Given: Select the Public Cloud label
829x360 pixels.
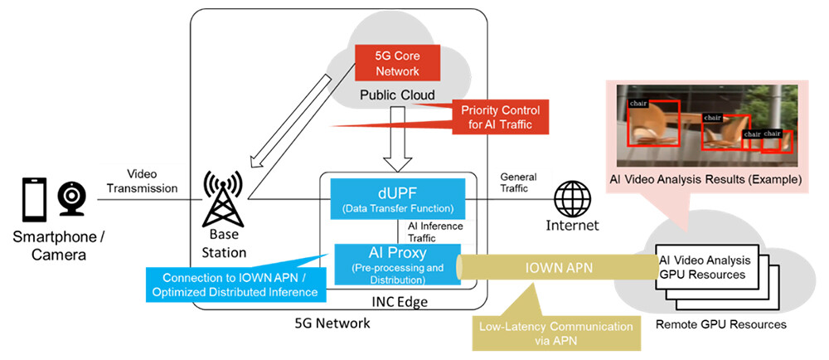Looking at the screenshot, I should point(397,95).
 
